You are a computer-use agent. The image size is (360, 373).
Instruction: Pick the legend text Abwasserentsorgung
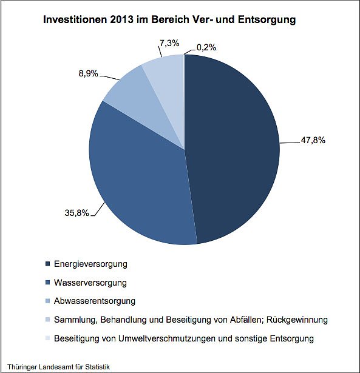click(95, 301)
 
